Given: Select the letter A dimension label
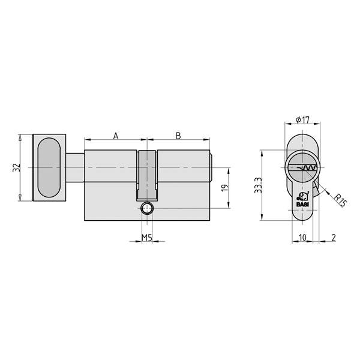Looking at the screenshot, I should tap(116, 136).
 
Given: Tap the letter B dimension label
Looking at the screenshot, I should tap(178, 136).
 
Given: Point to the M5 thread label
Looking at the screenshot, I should tap(146, 237).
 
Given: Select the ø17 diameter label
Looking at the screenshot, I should tap(302, 120).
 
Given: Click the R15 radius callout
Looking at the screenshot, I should tap(339, 199).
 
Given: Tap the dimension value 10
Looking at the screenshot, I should tap(302, 237).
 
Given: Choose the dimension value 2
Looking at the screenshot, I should tap(334, 237).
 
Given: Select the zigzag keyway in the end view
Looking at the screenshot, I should tap(305, 167).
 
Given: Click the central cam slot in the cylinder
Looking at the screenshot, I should tap(147, 174).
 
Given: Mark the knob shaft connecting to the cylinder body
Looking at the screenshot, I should tap(75, 167).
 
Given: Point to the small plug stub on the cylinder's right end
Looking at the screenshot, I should tap(212, 167).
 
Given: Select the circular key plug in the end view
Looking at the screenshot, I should tap(302, 167).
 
